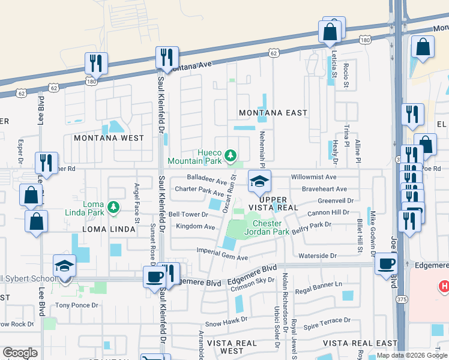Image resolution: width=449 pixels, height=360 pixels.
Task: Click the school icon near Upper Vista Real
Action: point(259,181)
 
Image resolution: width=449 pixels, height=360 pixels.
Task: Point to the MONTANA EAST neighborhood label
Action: point(273,113)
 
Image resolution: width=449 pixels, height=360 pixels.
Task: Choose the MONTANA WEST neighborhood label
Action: point(109,138)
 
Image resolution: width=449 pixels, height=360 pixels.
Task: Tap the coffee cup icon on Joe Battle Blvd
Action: point(385,263)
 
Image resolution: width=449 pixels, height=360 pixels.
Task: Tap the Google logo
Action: point(20,353)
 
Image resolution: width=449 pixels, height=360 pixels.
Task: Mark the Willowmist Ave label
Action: point(314,178)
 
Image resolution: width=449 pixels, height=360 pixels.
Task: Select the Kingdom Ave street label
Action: point(196,227)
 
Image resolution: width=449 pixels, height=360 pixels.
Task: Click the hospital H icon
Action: point(444,287)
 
